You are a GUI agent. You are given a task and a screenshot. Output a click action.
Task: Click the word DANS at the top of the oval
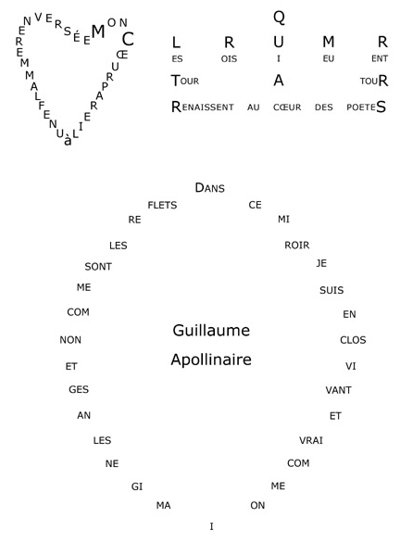click(209, 188)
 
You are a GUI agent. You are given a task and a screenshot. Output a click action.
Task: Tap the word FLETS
click(162, 206)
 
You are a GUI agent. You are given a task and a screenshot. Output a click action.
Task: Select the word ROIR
click(297, 246)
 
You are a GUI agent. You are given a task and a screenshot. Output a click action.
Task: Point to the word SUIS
click(331, 290)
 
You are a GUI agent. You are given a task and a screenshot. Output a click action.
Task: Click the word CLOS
click(353, 340)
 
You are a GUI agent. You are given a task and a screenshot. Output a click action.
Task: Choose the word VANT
click(338, 390)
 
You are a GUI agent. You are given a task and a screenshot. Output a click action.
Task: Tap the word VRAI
click(311, 440)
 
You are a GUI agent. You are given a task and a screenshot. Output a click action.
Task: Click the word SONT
click(98, 267)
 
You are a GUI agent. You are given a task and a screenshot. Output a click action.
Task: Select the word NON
click(70, 340)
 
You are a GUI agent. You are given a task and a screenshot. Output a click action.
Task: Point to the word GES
click(79, 389)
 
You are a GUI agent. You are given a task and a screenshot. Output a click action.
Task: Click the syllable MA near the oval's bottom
click(163, 506)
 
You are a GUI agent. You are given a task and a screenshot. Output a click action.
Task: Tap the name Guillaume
click(211, 331)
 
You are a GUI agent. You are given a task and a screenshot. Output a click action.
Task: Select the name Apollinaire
click(211, 360)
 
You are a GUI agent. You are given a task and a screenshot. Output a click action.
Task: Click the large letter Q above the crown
click(279, 18)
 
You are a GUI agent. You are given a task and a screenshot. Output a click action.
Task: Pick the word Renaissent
click(203, 107)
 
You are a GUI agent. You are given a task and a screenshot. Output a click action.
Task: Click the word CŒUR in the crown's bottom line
click(287, 107)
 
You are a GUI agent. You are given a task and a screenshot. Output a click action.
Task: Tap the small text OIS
click(229, 59)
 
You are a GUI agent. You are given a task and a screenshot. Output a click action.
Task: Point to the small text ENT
click(380, 58)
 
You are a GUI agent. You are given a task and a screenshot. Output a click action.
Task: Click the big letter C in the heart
click(128, 39)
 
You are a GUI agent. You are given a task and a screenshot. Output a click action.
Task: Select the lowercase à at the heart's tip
click(69, 141)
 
